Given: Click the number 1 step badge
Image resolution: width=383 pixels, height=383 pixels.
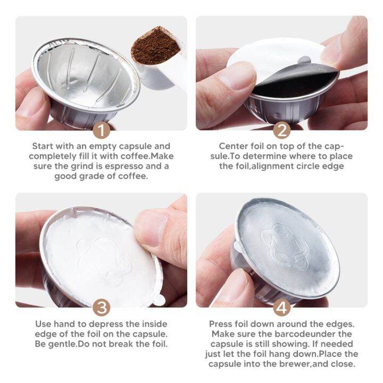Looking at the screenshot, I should click(101, 129).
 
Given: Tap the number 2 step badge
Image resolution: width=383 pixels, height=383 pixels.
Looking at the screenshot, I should click(281, 129).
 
